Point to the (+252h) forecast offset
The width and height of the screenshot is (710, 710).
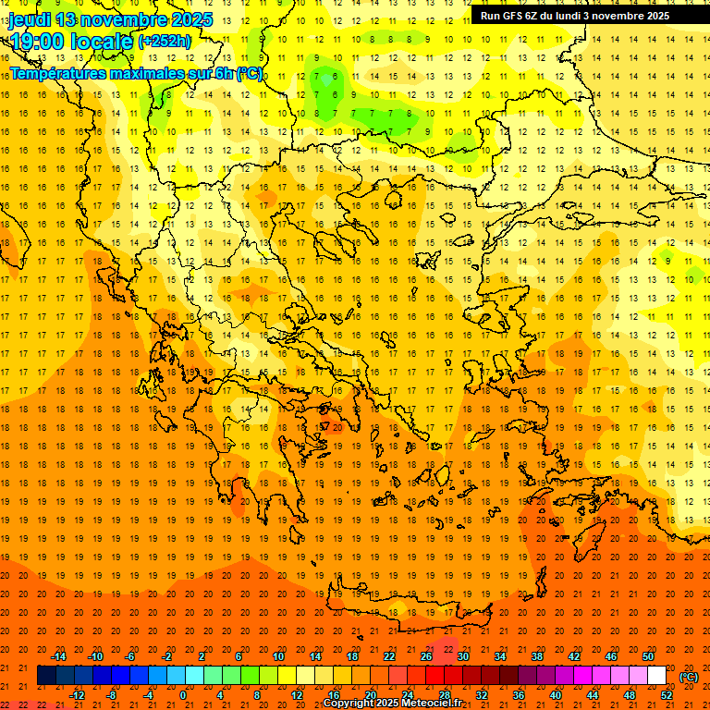(x=165, y=42)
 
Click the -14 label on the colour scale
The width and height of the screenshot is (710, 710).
(x=59, y=656)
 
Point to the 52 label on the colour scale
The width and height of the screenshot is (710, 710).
(x=667, y=695)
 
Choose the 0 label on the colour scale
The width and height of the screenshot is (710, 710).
(x=183, y=695)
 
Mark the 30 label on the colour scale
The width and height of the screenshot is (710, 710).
(x=463, y=656)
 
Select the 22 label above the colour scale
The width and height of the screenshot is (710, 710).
(x=389, y=656)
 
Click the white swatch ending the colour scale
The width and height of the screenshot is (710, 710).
(x=656, y=676)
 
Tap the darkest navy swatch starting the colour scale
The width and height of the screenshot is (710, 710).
(x=46, y=676)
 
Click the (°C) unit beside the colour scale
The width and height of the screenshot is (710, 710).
(x=688, y=677)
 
